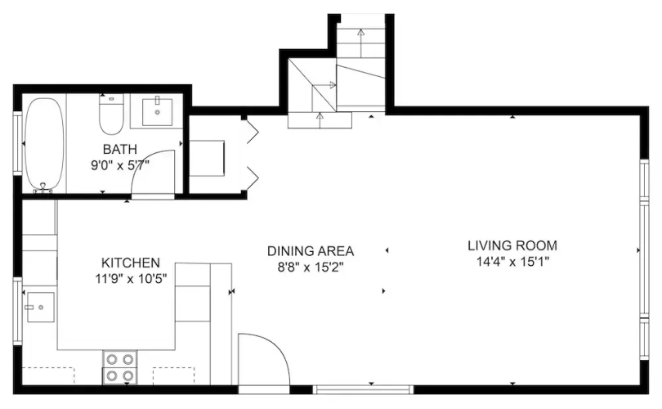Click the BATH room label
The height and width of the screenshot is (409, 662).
coord(120,149)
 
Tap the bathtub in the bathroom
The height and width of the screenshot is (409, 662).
coord(44,143)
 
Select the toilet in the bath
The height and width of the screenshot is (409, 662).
coord(111,114)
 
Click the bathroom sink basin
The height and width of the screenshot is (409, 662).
coord(157,112)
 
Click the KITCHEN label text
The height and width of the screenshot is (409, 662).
coord(131,263)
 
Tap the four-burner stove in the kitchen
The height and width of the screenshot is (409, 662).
coord(120,367)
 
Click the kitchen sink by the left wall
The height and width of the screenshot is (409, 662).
coord(41,308)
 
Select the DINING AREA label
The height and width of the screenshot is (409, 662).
coord(311,251)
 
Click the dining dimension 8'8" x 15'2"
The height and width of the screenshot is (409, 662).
coord(311,267)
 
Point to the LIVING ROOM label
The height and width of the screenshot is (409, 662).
coord(512,245)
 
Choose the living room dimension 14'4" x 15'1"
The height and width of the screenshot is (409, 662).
coord(512,262)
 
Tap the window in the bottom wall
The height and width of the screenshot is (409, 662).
coord(363,389)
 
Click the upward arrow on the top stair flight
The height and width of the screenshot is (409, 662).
coord(360,43)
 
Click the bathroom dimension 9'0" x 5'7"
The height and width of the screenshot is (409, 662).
coord(120,165)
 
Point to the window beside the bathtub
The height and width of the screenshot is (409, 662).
coord(17,143)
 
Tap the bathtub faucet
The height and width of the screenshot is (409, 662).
coord(42,187)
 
